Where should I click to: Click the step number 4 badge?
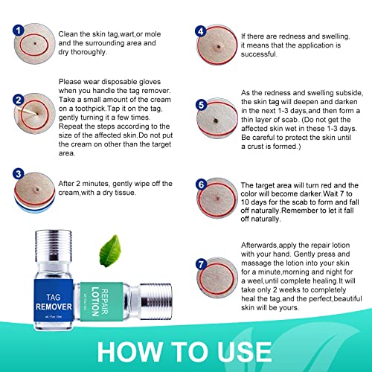point(200,31)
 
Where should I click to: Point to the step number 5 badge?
point(200,105)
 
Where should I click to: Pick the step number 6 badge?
point(200,183)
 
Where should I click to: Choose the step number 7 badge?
point(200,263)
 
